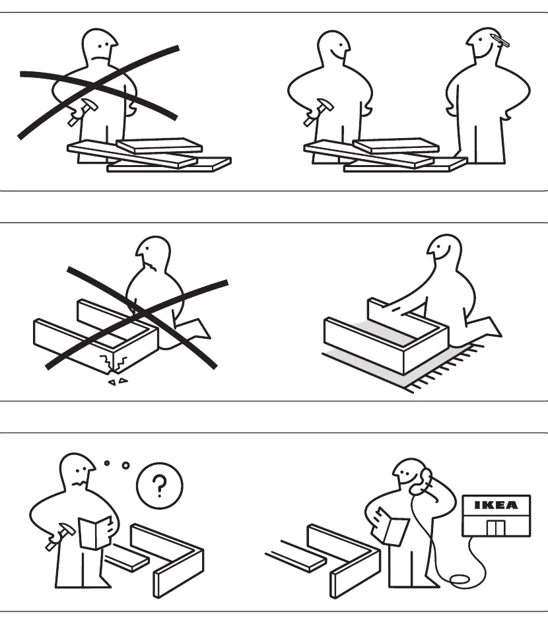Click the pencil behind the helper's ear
500,40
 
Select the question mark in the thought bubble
160,485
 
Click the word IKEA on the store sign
497,505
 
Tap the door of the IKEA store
496,528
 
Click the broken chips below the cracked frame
118,382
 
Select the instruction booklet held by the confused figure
94,532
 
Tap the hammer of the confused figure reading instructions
59,536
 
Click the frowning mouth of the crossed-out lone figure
100,59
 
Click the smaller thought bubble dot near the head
107,463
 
